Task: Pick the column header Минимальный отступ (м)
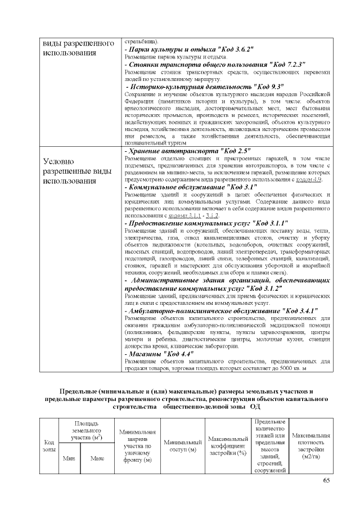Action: (182, 447)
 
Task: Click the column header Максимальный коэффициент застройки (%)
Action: (228, 446)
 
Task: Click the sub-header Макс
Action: (97, 458)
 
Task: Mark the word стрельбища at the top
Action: (141, 41)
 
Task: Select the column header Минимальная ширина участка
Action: (137, 447)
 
